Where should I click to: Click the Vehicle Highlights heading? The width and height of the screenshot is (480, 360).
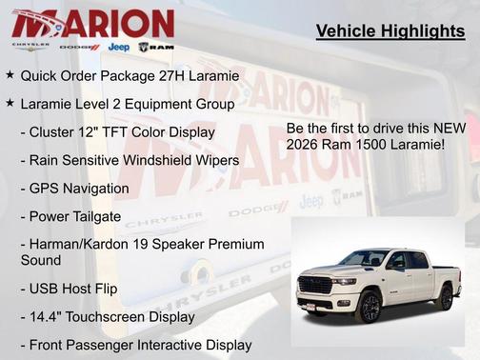tap(390, 32)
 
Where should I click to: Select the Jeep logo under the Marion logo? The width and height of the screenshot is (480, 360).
tap(119, 47)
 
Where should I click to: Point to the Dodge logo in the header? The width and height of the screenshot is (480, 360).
tap(79, 47)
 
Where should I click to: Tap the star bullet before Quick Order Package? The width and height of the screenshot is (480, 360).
tap(10, 74)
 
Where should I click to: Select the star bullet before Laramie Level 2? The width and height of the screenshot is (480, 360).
tap(10, 103)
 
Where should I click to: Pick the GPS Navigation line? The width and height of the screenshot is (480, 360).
tap(74, 189)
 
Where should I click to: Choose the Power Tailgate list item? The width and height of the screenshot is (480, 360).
tap(70, 216)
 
